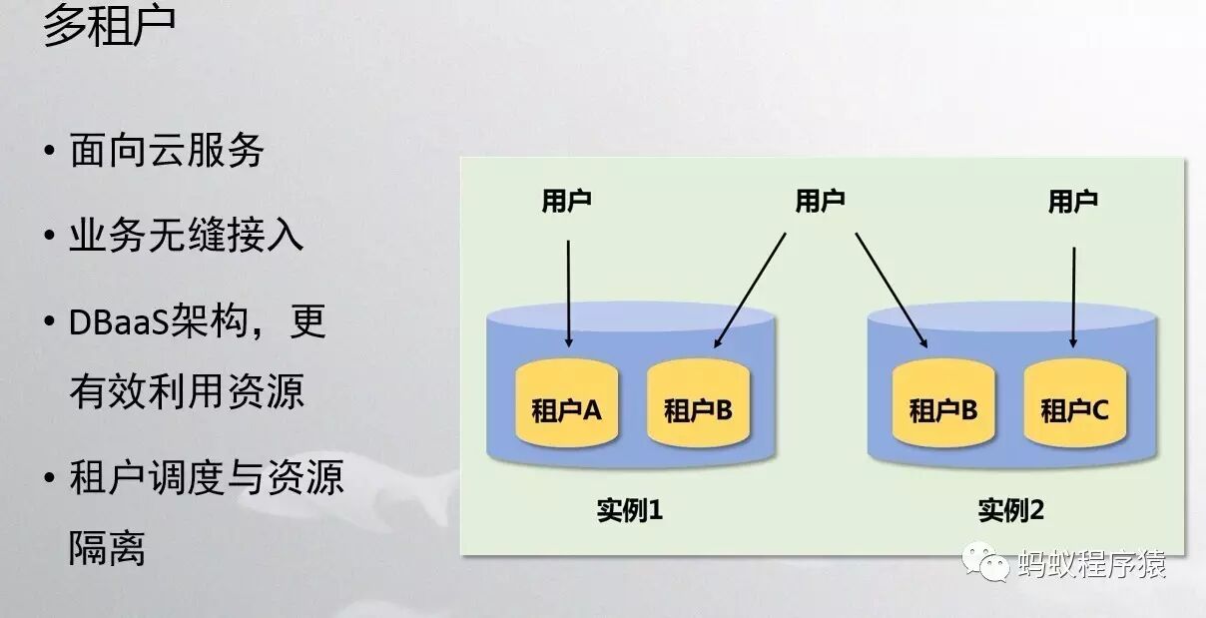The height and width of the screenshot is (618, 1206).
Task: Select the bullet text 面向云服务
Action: tap(167, 151)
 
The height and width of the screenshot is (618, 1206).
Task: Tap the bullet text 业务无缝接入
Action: tap(186, 237)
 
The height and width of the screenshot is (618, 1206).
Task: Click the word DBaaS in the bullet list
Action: tap(105, 323)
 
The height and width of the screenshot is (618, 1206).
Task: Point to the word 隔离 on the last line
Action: tap(107, 547)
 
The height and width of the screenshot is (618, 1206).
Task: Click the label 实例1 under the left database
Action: tap(630, 511)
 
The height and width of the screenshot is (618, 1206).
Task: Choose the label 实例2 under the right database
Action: tap(1010, 511)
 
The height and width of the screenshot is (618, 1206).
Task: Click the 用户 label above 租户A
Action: tap(566, 201)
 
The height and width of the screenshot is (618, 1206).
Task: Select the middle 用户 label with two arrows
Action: tap(820, 201)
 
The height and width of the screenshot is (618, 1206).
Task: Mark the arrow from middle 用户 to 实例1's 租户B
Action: tap(751, 290)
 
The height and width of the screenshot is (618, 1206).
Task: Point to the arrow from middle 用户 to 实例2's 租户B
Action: tap(891, 290)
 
